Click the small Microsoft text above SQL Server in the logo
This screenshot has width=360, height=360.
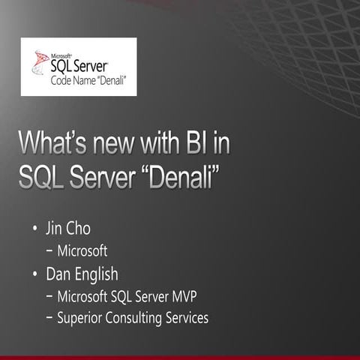(61, 53)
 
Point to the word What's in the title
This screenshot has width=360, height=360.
(57, 142)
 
